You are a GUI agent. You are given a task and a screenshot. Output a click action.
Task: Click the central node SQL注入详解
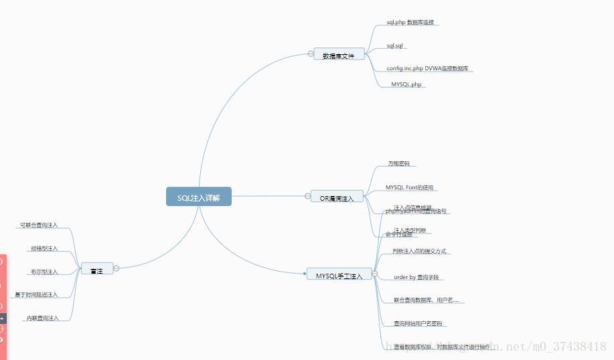point(199,197)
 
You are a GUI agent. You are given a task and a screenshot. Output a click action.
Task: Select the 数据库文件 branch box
point(339,54)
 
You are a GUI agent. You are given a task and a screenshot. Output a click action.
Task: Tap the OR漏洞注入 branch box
point(337,197)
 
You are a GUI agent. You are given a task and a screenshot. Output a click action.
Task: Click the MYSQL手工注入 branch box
point(339,274)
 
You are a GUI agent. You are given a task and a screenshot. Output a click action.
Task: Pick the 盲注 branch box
point(96,269)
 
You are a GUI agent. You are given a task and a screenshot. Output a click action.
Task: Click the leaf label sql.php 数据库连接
point(410,23)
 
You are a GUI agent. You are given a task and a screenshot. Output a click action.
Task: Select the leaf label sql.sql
point(394,46)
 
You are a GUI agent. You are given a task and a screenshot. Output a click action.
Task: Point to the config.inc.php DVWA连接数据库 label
point(427,68)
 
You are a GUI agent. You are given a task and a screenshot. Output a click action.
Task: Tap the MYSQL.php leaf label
point(406,85)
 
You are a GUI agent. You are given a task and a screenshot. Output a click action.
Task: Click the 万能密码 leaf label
point(398,163)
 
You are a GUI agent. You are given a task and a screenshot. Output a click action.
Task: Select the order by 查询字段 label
point(416,277)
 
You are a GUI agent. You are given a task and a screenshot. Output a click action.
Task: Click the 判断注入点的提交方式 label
point(419,252)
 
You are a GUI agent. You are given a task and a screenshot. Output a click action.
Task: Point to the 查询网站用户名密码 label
point(418,324)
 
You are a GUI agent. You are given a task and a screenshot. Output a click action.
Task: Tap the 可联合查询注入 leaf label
point(39,226)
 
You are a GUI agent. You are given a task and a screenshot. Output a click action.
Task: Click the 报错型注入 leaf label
point(44,249)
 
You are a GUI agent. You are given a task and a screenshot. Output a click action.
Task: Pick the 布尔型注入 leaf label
point(44,272)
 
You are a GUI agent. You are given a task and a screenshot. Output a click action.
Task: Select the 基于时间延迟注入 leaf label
point(36,294)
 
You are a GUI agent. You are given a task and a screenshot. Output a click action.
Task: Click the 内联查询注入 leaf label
point(43,318)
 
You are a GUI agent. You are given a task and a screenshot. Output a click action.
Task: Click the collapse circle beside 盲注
point(117,268)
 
